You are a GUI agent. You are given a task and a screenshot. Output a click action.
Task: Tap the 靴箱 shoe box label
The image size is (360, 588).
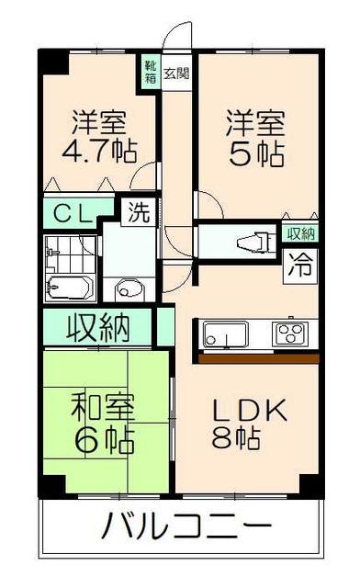click(x=148, y=71)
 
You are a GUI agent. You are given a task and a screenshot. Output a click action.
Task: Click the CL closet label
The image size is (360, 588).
click(x=71, y=214)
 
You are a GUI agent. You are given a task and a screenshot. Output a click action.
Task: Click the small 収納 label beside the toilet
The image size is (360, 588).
click(x=299, y=233)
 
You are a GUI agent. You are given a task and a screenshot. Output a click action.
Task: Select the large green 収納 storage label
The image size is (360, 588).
click(x=97, y=327)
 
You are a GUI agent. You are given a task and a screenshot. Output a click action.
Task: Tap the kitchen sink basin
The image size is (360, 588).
click(x=225, y=334)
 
